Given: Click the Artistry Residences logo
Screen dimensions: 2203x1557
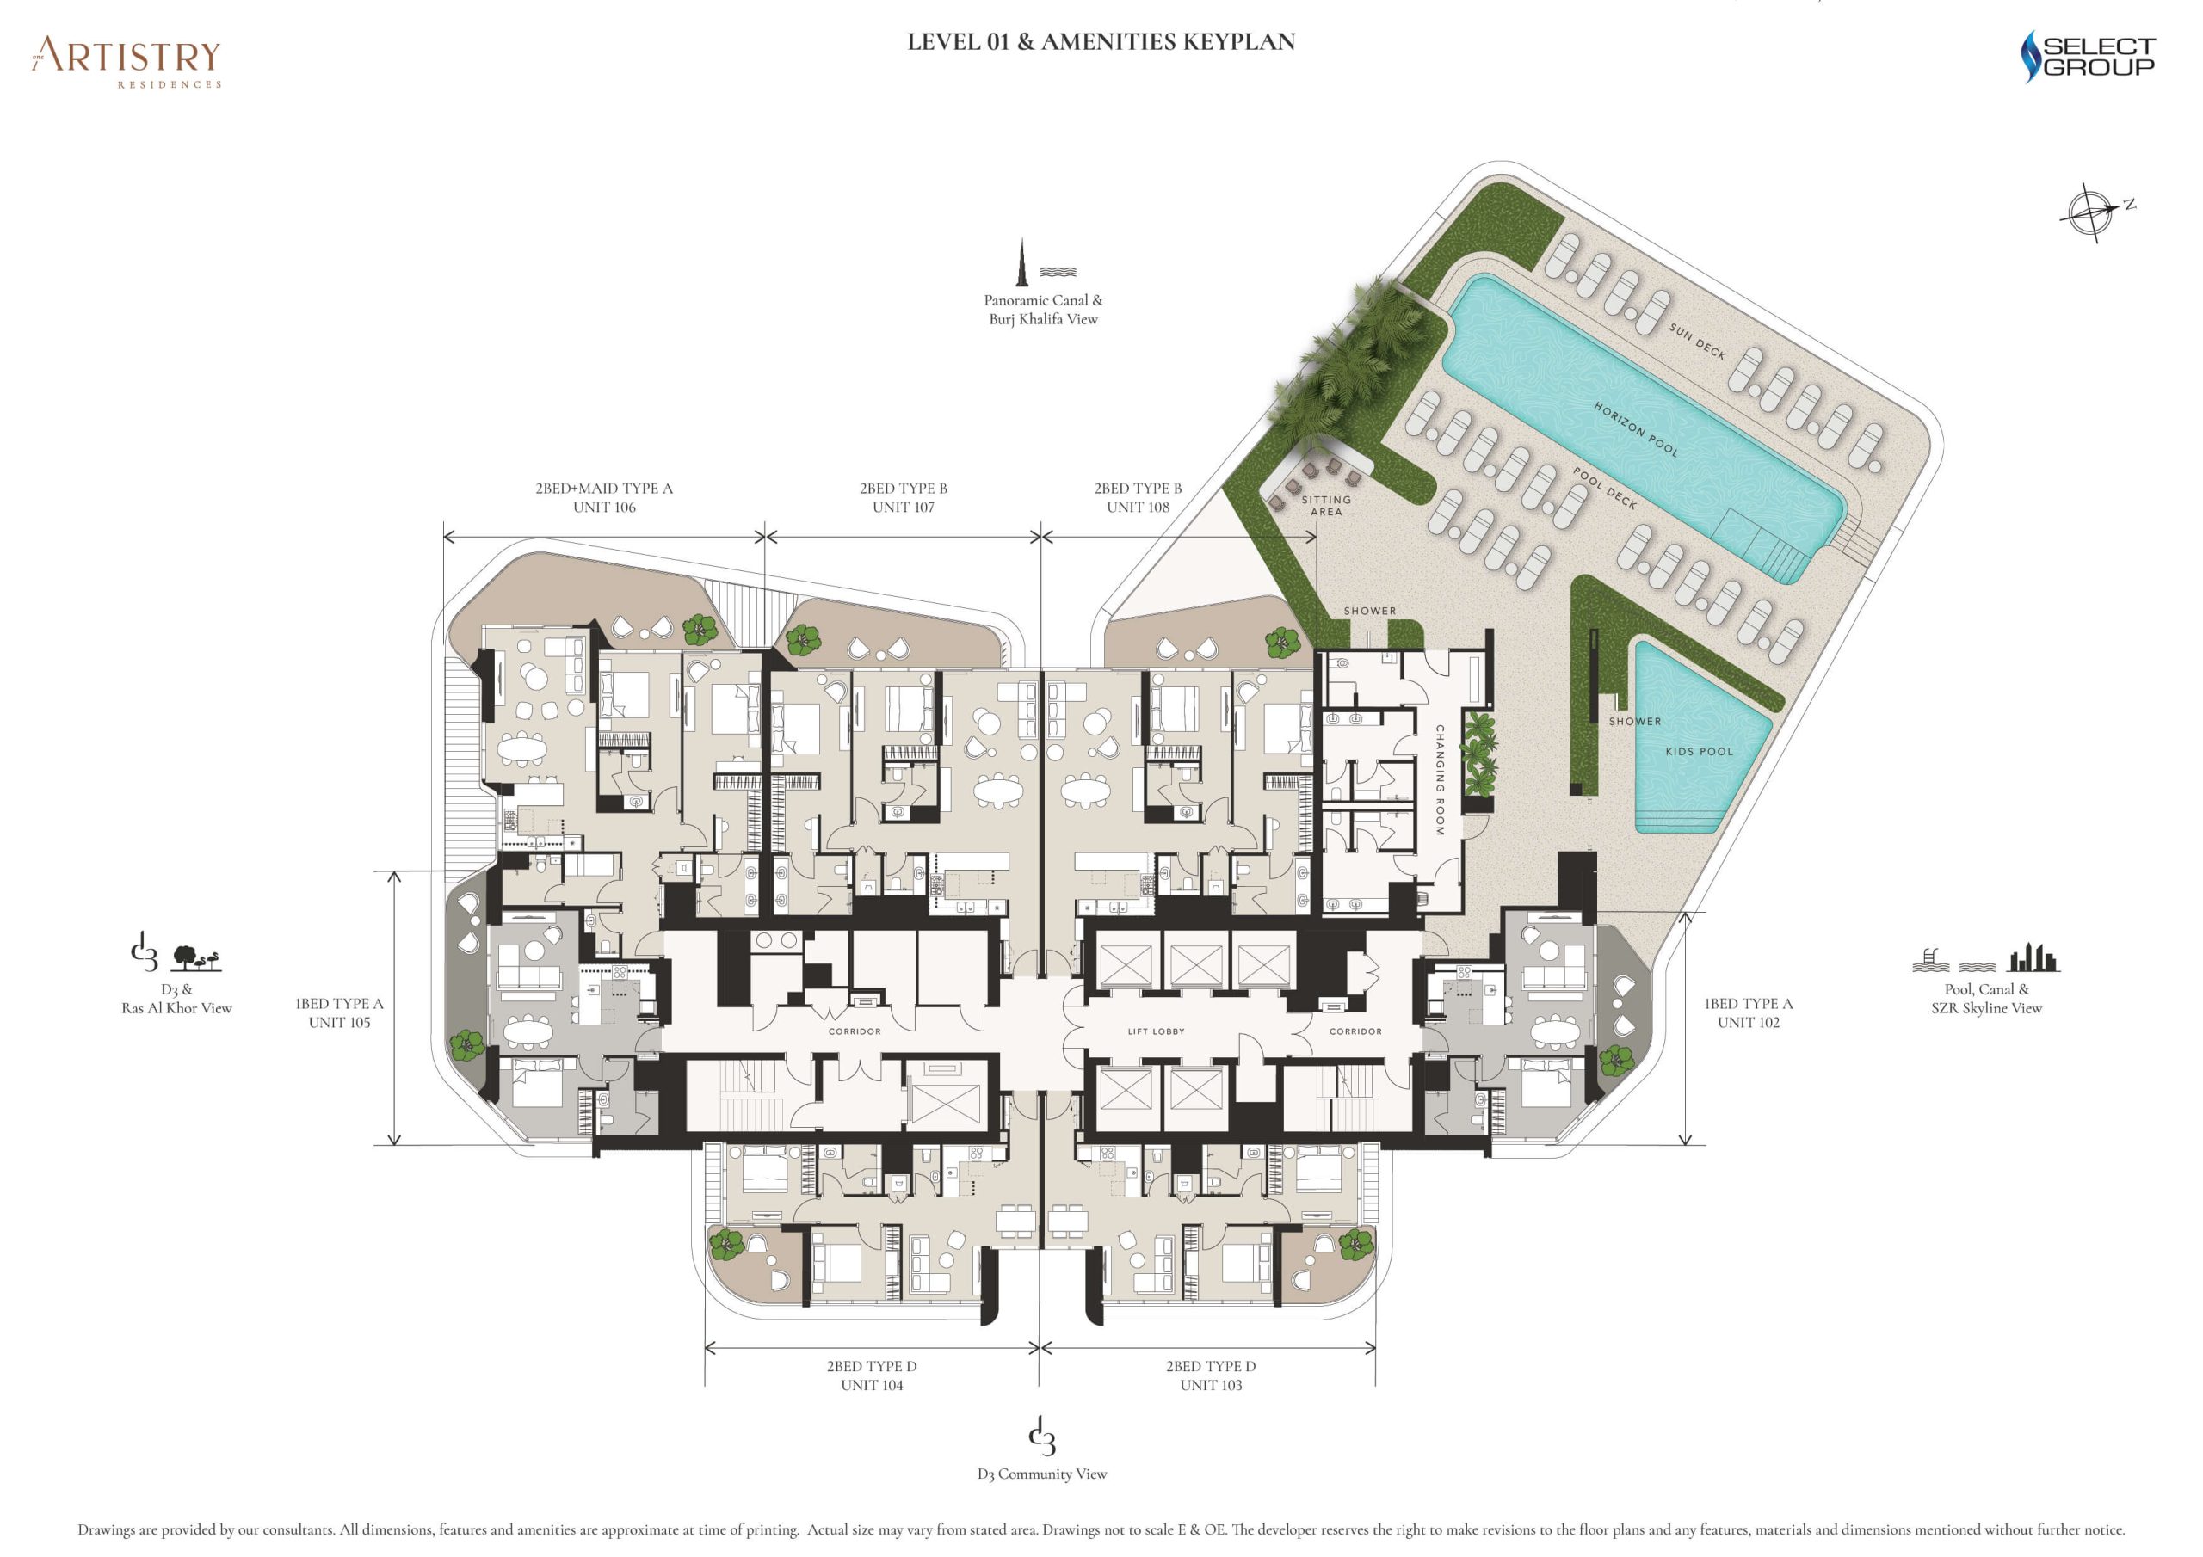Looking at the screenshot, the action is [x=126, y=62].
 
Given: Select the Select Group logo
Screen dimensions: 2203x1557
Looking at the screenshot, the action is [x=2088, y=57].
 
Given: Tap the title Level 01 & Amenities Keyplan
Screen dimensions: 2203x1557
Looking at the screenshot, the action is [x=1101, y=42].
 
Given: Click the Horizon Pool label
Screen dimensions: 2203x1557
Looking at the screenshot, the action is [x=1636, y=429].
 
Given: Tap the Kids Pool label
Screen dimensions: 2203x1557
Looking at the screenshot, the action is [x=1700, y=751].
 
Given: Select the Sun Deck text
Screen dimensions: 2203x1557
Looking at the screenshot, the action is [x=1696, y=342].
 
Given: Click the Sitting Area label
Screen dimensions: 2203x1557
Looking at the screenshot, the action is [x=1326, y=506].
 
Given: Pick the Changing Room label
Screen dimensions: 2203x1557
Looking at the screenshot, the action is [x=1439, y=780].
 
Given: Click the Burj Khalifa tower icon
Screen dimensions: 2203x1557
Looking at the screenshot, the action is [x=1023, y=261].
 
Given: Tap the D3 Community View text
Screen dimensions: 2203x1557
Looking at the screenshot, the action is [x=1042, y=1474].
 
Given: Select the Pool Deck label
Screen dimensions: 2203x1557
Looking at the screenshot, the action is [x=1604, y=488].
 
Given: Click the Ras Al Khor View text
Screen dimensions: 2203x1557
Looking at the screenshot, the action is [x=176, y=1008].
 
